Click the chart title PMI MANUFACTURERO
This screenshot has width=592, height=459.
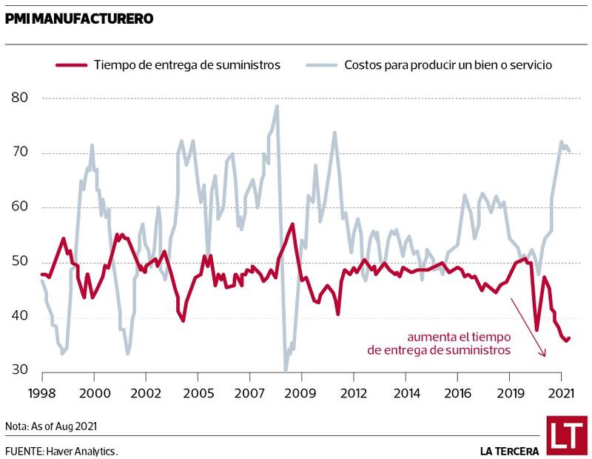tap(79, 19)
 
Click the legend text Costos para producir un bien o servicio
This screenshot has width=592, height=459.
tap(448, 65)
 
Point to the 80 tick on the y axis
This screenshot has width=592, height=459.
tap(19, 98)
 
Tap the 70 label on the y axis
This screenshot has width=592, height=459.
tap(19, 153)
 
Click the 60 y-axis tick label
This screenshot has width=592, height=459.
tap(19, 207)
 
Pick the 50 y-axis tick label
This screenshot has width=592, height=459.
tap(19, 262)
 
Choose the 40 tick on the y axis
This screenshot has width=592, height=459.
tap(19, 317)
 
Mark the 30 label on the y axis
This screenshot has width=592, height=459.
tap(19, 371)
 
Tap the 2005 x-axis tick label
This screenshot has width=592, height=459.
tap(198, 392)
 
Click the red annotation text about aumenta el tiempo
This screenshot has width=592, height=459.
tap(439, 343)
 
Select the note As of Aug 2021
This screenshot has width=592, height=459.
tap(51, 426)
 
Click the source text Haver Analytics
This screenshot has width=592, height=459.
tap(61, 451)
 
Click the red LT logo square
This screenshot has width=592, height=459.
tap(566, 435)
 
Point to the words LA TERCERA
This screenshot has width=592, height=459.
tap(509, 451)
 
